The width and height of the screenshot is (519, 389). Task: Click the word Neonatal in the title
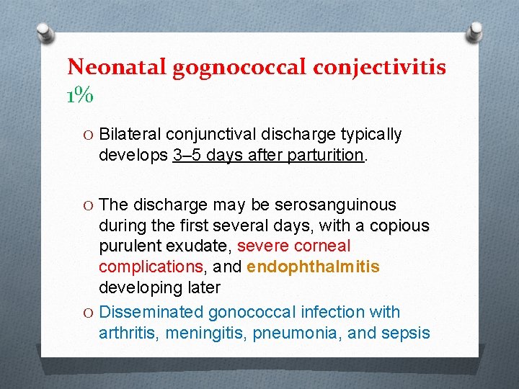[x=117, y=67]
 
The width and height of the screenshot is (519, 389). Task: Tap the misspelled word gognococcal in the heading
[x=241, y=67]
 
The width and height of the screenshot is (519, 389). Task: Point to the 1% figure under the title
[x=79, y=94]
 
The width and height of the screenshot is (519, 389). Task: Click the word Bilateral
[x=130, y=135]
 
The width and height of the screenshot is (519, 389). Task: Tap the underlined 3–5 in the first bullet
[x=188, y=155]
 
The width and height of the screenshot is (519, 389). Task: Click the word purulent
[x=127, y=246]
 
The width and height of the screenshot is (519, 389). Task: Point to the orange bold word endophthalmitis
[x=313, y=267]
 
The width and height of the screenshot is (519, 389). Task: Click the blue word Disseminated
[x=151, y=312]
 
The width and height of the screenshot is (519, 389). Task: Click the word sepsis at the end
[x=408, y=333]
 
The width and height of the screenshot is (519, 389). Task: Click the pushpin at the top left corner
[x=45, y=32]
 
